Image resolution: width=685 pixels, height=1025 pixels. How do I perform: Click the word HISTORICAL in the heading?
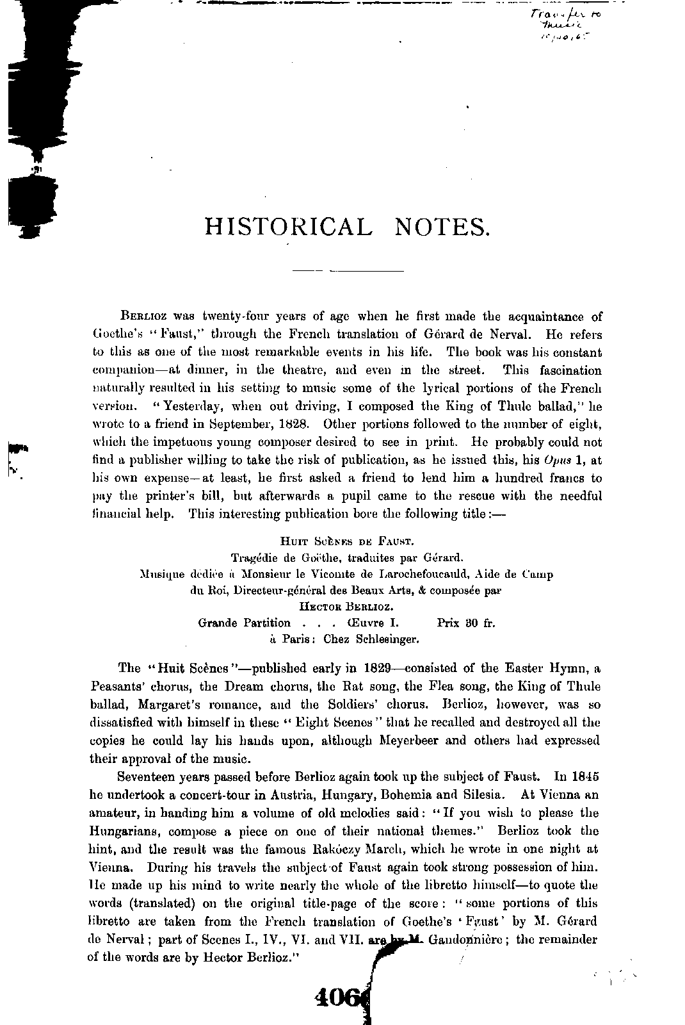(x=288, y=226)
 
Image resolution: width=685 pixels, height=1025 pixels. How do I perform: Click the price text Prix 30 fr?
(x=466, y=623)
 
